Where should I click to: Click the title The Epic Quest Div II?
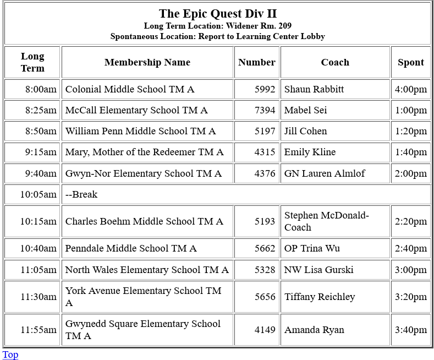click(x=217, y=13)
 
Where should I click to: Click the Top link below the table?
click(x=10, y=354)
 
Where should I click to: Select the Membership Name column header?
click(x=147, y=62)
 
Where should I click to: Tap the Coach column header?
click(x=335, y=62)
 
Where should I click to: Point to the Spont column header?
click(x=411, y=62)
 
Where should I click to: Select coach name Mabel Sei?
click(x=305, y=110)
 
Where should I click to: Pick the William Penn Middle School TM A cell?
click(x=140, y=131)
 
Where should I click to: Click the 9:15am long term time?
click(x=41, y=152)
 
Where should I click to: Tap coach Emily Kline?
click(x=310, y=152)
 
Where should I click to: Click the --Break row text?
click(x=81, y=194)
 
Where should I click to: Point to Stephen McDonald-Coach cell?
click(x=326, y=221)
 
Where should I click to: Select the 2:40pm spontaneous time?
click(x=411, y=248)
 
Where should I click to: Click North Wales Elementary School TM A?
click(x=147, y=270)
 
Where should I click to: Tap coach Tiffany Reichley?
click(x=320, y=297)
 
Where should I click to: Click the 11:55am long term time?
click(x=39, y=330)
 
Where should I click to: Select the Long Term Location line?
click(x=217, y=26)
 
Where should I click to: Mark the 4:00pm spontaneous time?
click(x=411, y=89)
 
